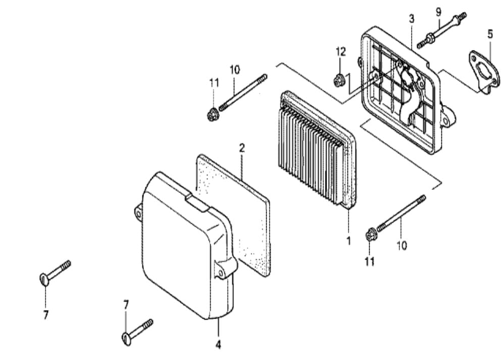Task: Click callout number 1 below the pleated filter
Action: click(x=348, y=240)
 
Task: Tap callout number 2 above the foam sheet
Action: click(x=242, y=148)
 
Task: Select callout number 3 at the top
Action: click(x=412, y=19)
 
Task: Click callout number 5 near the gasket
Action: click(x=490, y=34)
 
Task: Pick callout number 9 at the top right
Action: click(x=438, y=12)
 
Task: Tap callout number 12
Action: click(x=341, y=52)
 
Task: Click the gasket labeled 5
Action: click(x=484, y=73)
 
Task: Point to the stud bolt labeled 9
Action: click(x=441, y=30)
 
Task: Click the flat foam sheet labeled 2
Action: click(x=234, y=216)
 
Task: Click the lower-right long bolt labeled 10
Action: click(x=401, y=214)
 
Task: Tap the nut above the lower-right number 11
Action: click(x=371, y=235)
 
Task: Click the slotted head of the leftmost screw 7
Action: click(x=44, y=279)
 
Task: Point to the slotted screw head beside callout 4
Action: click(x=127, y=339)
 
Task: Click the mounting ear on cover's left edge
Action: click(x=138, y=212)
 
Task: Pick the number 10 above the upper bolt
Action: click(x=235, y=70)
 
